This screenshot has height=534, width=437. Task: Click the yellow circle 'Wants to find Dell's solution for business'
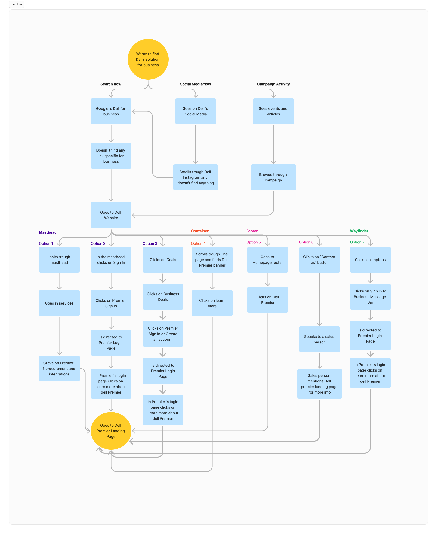(148, 59)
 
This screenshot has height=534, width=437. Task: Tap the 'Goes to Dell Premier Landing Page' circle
(111, 431)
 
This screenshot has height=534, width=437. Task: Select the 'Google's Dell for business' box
(111, 111)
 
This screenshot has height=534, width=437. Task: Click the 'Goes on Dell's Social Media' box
(196, 111)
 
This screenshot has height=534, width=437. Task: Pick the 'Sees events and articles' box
(273, 111)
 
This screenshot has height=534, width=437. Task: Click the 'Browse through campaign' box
(273, 177)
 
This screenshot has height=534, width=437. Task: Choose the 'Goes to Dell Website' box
(111, 215)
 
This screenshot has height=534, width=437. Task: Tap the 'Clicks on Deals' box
(163, 260)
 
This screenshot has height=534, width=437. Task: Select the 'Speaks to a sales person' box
(319, 339)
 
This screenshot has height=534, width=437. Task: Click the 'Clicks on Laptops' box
(370, 260)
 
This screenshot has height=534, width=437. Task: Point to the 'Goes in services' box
(59, 303)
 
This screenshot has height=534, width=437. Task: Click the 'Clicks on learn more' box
(212, 303)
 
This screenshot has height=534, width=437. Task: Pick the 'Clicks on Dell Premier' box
(268, 300)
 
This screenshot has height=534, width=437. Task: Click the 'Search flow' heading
(111, 84)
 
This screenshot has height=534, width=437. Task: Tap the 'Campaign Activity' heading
(273, 84)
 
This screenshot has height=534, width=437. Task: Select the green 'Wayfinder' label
(359, 231)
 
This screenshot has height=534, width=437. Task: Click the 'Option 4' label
(198, 243)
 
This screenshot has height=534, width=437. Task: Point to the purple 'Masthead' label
(48, 232)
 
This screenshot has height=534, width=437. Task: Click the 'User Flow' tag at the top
(17, 4)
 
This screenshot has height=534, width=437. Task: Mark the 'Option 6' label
(306, 242)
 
